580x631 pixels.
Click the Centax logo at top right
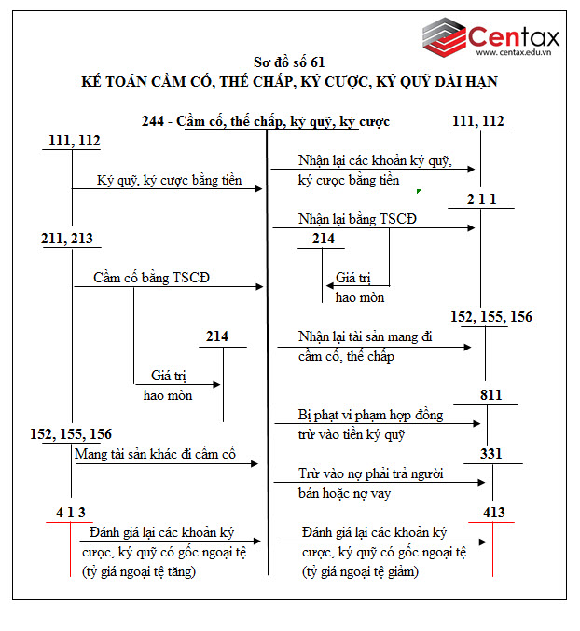(x=490, y=37)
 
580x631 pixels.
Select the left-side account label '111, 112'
(x=73, y=141)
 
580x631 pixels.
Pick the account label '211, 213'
(x=67, y=239)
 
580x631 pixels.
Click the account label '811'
(x=491, y=394)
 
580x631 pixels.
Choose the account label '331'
(x=490, y=454)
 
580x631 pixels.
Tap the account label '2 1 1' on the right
(x=482, y=199)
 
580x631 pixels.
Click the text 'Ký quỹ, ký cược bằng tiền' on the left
(x=168, y=180)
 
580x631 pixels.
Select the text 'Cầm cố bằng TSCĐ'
(x=152, y=278)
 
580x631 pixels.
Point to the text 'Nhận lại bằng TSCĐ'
(x=358, y=219)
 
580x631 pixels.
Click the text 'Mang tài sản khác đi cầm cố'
(x=155, y=455)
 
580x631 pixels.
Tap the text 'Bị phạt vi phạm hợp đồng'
(x=371, y=414)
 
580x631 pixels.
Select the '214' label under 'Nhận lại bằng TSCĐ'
(x=324, y=239)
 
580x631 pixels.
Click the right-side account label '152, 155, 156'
(x=491, y=317)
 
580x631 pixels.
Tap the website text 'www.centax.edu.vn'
(x=514, y=55)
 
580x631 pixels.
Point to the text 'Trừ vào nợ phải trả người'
(x=370, y=473)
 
